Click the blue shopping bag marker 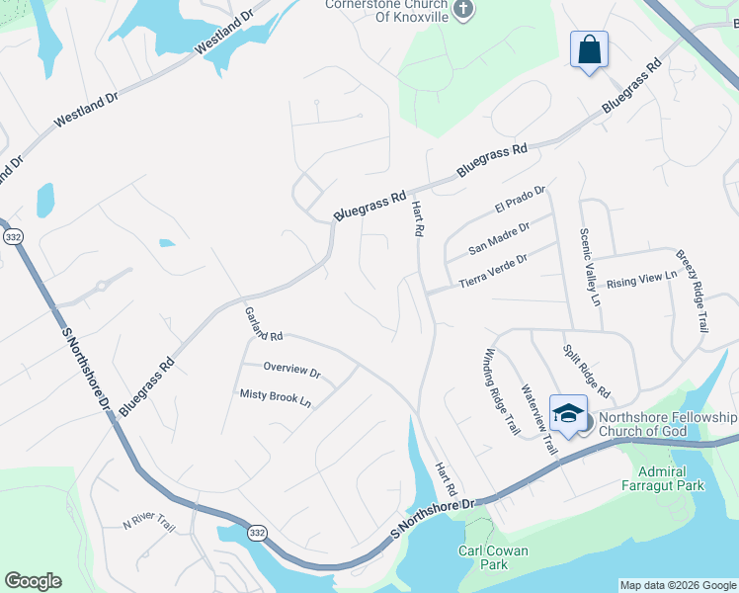[589, 50]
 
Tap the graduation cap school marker [568, 415]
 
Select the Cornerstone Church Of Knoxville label [387, 11]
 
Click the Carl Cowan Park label [494, 557]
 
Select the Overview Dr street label [291, 371]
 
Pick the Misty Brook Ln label [276, 398]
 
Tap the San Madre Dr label [499, 237]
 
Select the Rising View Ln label [641, 280]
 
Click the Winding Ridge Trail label [501, 391]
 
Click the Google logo [33, 581]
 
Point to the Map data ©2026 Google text [677, 585]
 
